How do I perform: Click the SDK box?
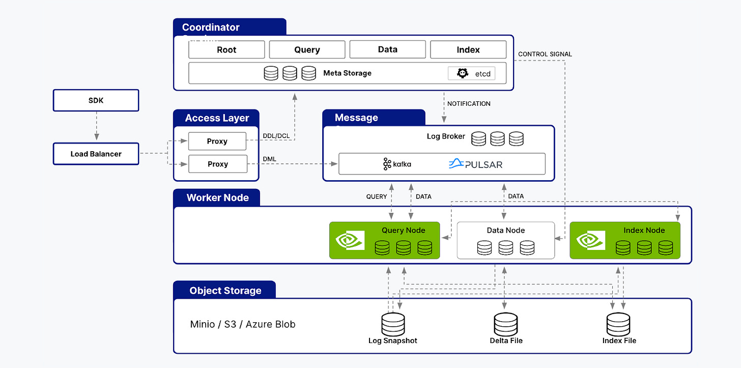coord(96,100)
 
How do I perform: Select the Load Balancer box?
coord(96,154)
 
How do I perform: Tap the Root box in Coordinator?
coord(226,50)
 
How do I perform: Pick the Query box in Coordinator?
coord(307,50)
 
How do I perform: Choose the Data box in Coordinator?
coord(387,50)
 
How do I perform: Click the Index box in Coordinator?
coord(468,50)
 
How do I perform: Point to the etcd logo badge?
coord(471,73)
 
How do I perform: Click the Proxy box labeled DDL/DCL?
coord(217,141)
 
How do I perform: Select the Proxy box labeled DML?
coord(217,164)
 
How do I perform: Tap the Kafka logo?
coord(397,164)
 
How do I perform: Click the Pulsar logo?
coord(475,164)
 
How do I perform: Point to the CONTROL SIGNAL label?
coord(545,54)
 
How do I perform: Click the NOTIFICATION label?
coord(469,104)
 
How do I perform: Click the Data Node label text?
coord(505,230)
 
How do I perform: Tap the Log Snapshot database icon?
coord(393,324)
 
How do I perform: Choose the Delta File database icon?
coord(505,324)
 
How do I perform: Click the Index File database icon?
coord(618,324)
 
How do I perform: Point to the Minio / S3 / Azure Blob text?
coord(243,324)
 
